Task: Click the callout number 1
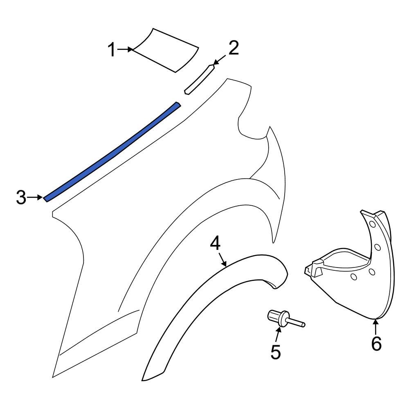click(x=112, y=50)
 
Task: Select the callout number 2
click(x=233, y=48)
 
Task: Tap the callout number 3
click(x=21, y=198)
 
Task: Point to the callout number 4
click(x=215, y=243)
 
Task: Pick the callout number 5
click(x=276, y=352)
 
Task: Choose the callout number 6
click(x=376, y=344)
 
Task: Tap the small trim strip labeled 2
click(x=199, y=79)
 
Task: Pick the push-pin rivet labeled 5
click(x=278, y=318)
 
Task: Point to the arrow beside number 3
click(x=35, y=198)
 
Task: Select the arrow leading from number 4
click(x=222, y=259)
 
